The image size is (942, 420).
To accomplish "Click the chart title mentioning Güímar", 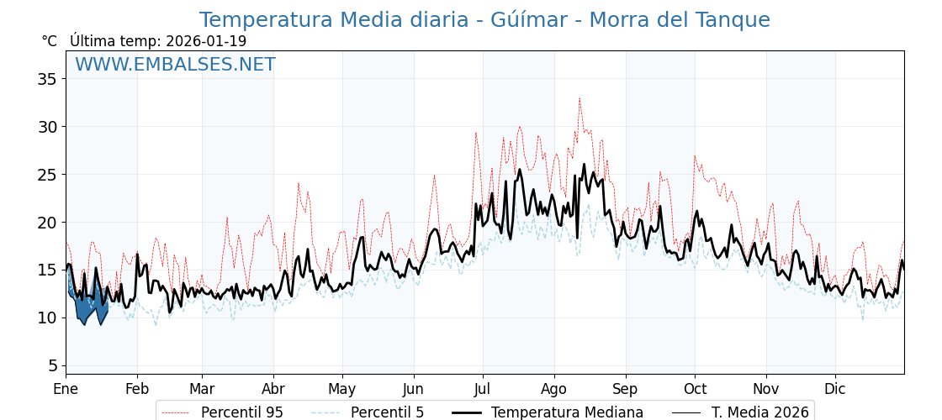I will [484, 20].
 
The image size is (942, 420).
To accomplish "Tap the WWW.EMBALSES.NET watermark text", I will [175, 65].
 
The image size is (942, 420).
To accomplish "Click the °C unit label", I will [49, 41].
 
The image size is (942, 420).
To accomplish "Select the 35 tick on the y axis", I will [47, 79].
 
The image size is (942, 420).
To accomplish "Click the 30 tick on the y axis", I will [47, 127].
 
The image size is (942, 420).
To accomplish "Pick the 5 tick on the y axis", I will [51, 365].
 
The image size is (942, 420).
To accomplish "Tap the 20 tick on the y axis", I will [47, 223].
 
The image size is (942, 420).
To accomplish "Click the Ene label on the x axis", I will [66, 390].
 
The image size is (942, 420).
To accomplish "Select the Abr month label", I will [273, 390].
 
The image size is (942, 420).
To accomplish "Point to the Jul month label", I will [483, 390].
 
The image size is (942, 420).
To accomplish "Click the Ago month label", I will [554, 390].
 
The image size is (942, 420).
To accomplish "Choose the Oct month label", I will [695, 390].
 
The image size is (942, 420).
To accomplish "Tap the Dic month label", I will [835, 390].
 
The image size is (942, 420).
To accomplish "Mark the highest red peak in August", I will [579, 99].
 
